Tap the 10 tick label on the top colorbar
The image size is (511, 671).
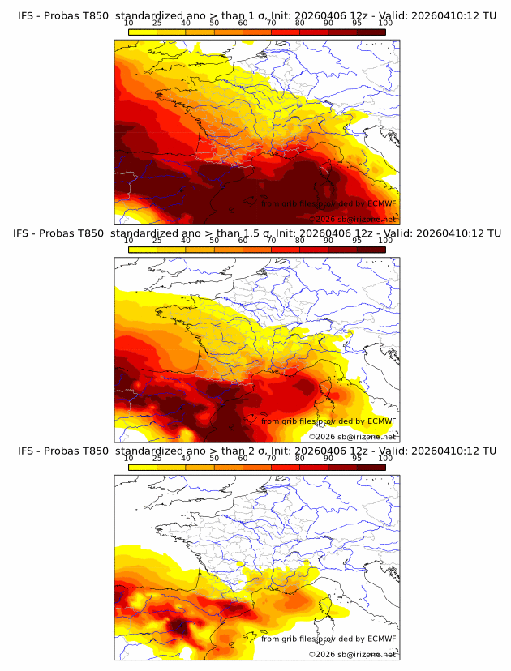(x=128, y=24)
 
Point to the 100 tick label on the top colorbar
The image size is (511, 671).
(x=385, y=24)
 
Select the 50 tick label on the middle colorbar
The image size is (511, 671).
(x=214, y=241)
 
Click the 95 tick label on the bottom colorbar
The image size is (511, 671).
(x=357, y=459)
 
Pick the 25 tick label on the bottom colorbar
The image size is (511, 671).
(x=157, y=459)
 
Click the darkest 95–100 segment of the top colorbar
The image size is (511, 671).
(x=371, y=32)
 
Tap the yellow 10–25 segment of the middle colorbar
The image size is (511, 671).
(x=143, y=250)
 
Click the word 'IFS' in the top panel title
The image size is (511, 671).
(x=26, y=15)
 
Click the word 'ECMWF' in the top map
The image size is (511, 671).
(x=381, y=204)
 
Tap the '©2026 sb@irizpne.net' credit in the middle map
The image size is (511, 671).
(x=352, y=437)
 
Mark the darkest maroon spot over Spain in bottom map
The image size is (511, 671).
(x=180, y=626)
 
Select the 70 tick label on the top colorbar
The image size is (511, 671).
(x=271, y=24)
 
